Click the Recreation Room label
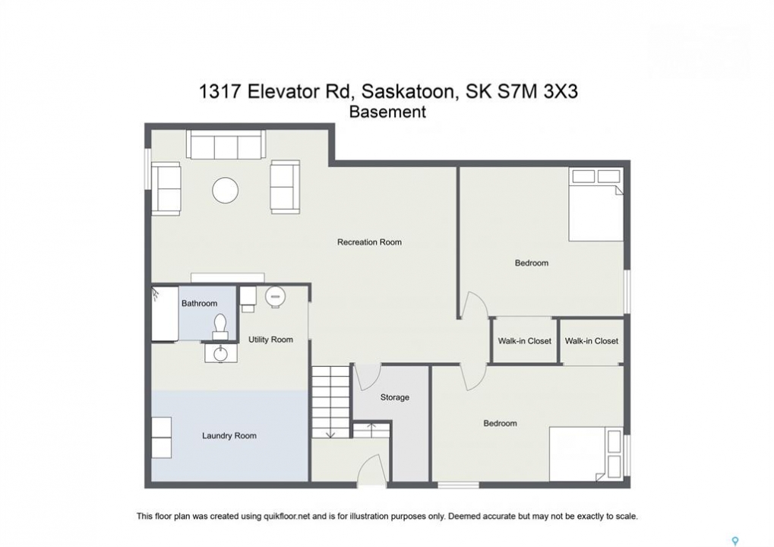tap(369, 242)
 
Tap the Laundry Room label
tap(229, 435)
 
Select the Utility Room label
tap(270, 340)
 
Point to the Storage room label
tap(394, 397)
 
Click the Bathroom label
tap(200, 303)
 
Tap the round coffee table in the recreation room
tap(226, 190)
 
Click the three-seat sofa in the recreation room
tap(226, 144)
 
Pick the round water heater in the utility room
tap(275, 297)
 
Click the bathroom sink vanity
tap(220, 353)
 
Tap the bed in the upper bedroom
tap(596, 204)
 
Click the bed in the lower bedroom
tap(586, 454)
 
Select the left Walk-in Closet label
tap(524, 340)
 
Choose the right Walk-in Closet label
tap(592, 340)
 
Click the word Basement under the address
tap(387, 112)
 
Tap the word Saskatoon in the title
tap(407, 92)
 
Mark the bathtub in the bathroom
tap(165, 314)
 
